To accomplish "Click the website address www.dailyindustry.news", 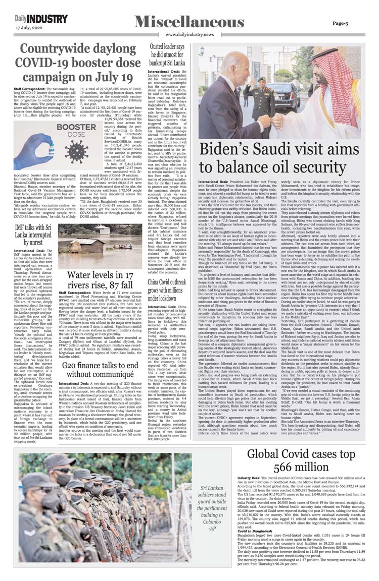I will (x=189, y=34).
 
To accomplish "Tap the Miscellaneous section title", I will (x=189, y=21).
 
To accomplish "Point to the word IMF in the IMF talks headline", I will (x=22, y=227).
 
